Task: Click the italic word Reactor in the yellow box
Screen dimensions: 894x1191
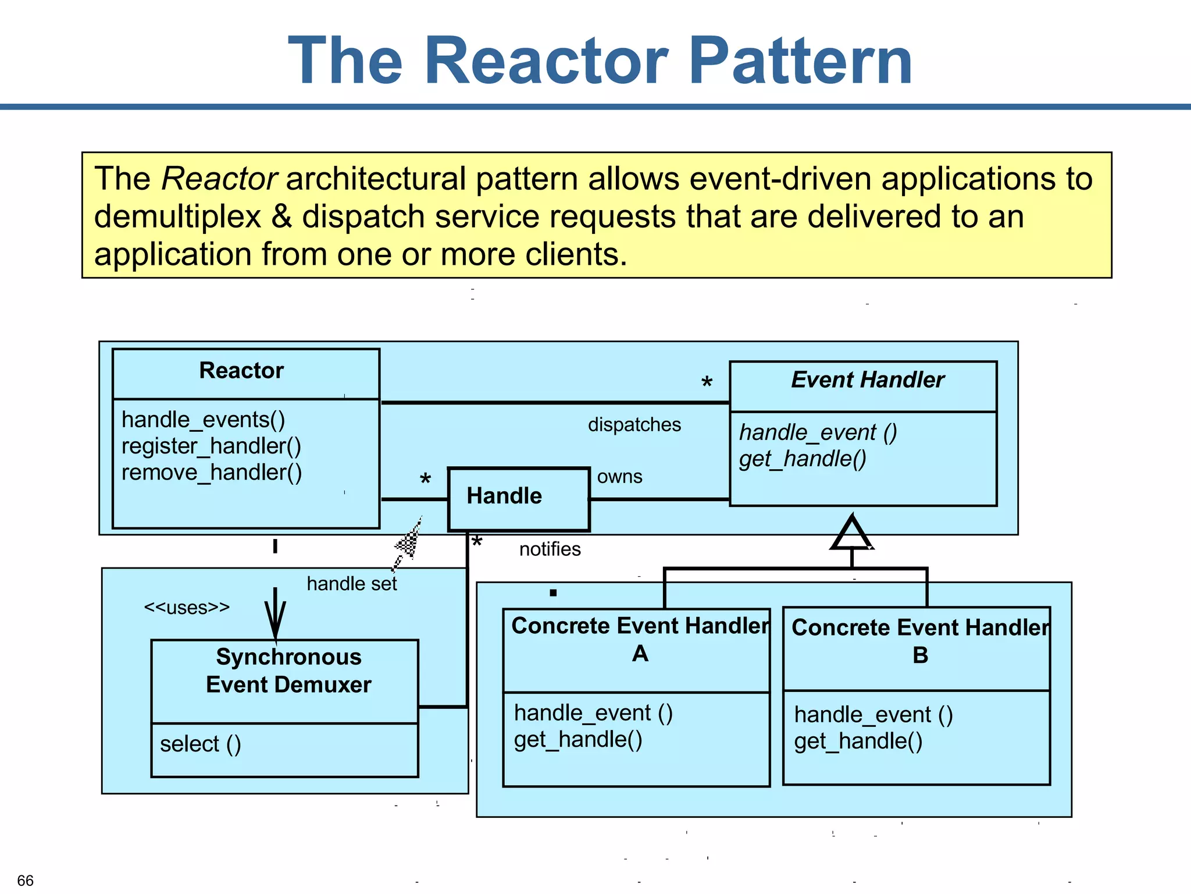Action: (x=219, y=179)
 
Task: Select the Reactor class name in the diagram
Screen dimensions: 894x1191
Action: (x=241, y=371)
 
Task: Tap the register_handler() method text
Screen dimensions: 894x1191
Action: (x=211, y=446)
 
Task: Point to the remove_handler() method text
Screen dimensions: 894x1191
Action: (x=212, y=473)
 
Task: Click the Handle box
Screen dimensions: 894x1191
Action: (x=518, y=499)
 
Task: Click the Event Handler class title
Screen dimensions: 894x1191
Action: (x=867, y=380)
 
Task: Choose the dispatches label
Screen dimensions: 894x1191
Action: (x=634, y=425)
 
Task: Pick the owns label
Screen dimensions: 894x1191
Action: (x=619, y=477)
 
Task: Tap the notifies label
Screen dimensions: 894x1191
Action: (x=550, y=549)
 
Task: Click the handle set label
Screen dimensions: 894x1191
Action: (x=351, y=584)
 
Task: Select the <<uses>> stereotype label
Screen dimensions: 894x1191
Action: (x=187, y=608)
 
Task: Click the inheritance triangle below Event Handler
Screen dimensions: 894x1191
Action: (x=852, y=534)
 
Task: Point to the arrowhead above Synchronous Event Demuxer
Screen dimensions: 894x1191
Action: (x=275, y=623)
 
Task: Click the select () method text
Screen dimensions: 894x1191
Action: (x=200, y=744)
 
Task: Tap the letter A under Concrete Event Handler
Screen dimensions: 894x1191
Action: (x=640, y=654)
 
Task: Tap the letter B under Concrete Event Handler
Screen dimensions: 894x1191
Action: (x=920, y=656)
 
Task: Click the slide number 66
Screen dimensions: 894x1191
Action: (x=26, y=880)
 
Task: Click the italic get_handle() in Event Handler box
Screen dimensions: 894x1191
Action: (x=803, y=459)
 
